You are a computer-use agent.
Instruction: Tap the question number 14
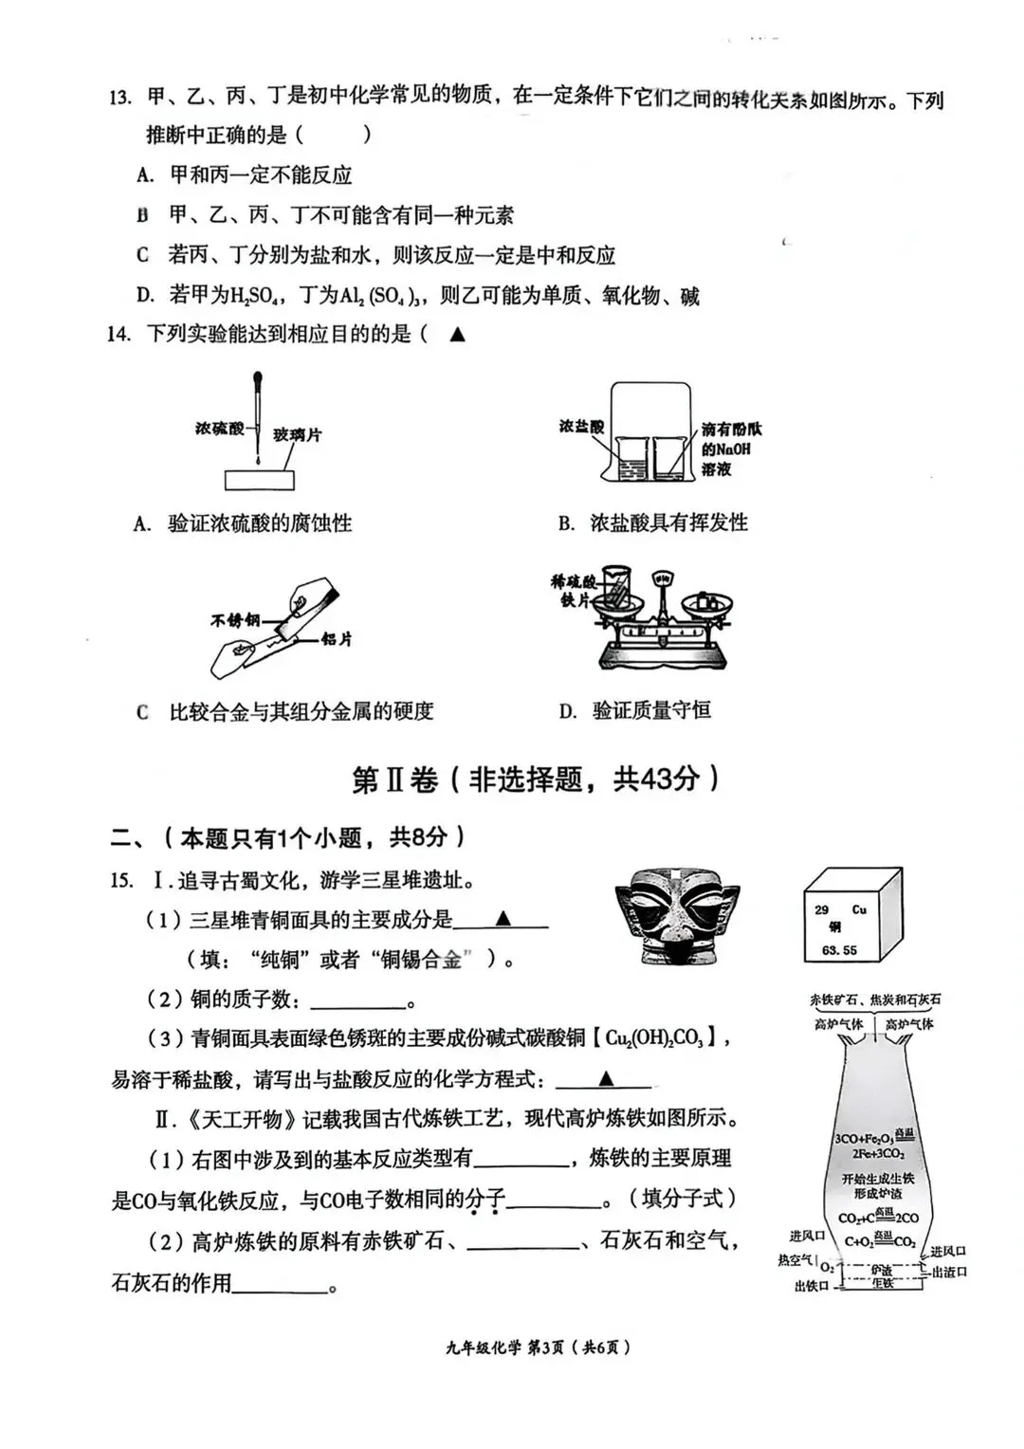[118, 334]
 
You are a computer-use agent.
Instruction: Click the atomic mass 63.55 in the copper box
[839, 949]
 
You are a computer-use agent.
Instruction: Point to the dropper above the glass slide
[257, 417]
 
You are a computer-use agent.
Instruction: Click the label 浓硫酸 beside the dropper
[220, 429]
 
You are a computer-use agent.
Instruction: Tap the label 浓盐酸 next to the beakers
[581, 427]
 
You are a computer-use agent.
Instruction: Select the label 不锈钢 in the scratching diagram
[235, 620]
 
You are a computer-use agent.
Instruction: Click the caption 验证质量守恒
[651, 710]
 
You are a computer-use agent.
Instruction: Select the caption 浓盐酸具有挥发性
[668, 523]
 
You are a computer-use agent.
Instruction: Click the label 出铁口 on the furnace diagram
[812, 1286]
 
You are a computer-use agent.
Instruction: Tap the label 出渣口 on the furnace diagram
[949, 1272]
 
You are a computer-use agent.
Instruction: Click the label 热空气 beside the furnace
[795, 1260]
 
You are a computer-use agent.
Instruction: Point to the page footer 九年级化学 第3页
[538, 1347]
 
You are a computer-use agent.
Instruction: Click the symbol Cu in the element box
[859, 909]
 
